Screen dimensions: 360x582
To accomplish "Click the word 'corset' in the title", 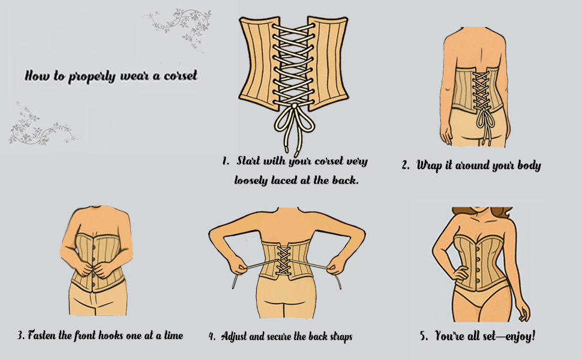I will click(x=178, y=76).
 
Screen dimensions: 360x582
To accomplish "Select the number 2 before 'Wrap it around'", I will click(x=406, y=166).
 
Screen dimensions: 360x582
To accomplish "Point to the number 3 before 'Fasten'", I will click(x=20, y=335).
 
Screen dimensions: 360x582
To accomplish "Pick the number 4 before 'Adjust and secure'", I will click(x=212, y=337).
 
